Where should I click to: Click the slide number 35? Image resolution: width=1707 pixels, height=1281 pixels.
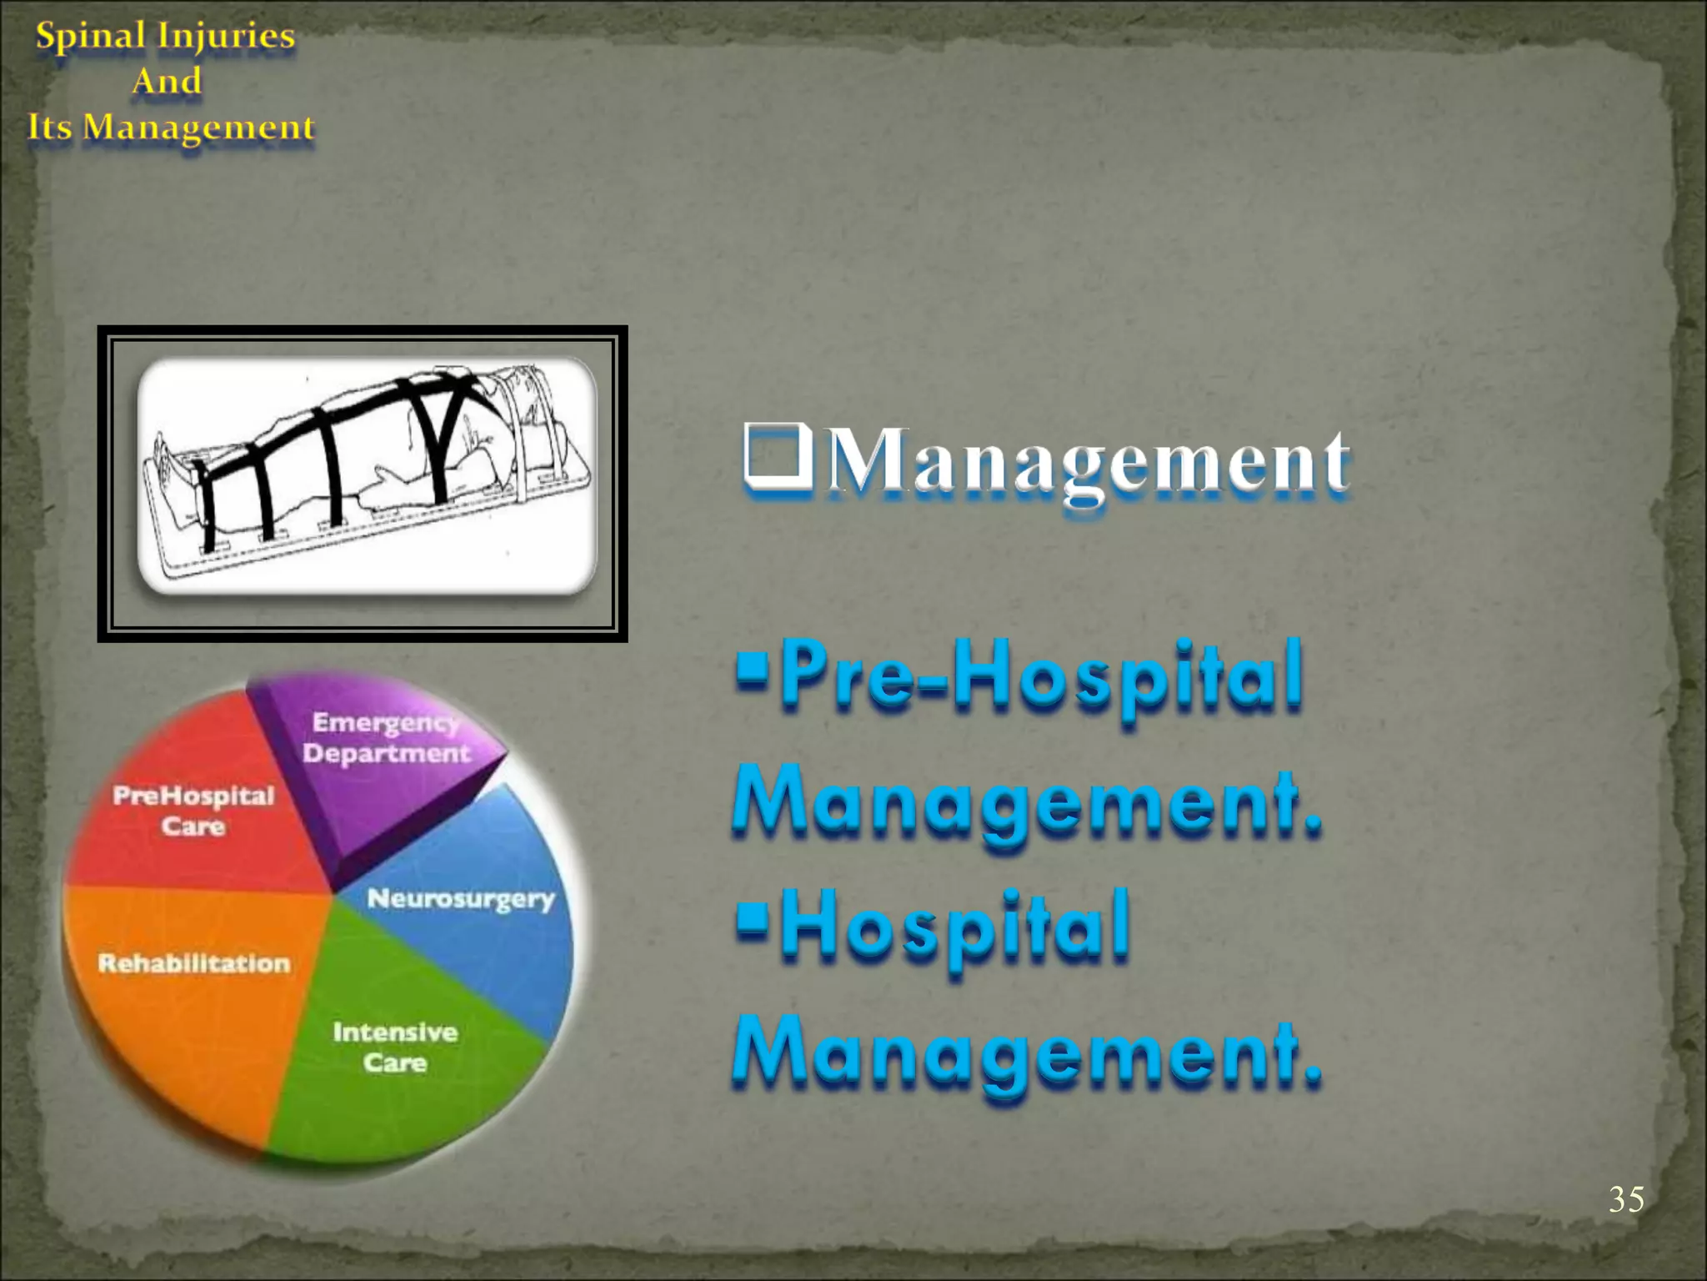click(1625, 1199)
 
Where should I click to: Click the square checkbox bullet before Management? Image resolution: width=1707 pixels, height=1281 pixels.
click(777, 456)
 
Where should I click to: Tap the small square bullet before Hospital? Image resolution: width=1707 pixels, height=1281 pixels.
click(752, 917)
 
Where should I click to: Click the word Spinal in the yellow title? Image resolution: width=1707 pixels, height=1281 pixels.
click(90, 36)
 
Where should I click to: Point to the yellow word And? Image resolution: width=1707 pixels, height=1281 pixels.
click(167, 82)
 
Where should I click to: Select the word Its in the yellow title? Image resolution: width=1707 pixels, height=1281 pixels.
click(50, 128)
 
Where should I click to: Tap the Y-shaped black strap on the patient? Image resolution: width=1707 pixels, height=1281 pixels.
click(450, 425)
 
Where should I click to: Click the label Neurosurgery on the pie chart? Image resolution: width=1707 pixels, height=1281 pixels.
click(460, 899)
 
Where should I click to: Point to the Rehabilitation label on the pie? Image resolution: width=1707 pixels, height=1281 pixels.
click(194, 964)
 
